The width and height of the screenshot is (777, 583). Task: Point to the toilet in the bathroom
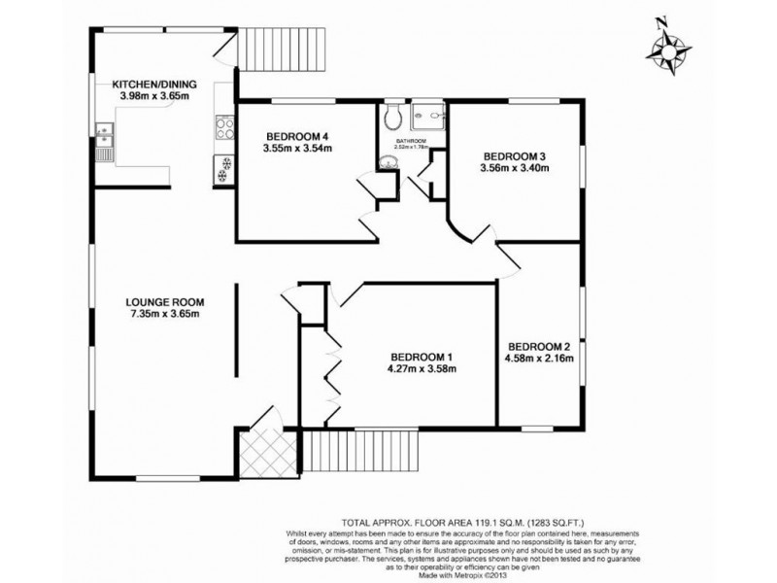(391, 120)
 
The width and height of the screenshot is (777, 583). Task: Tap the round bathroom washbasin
(388, 164)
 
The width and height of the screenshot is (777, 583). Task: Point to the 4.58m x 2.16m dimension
(541, 360)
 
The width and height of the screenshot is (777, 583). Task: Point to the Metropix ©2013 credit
(483, 573)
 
